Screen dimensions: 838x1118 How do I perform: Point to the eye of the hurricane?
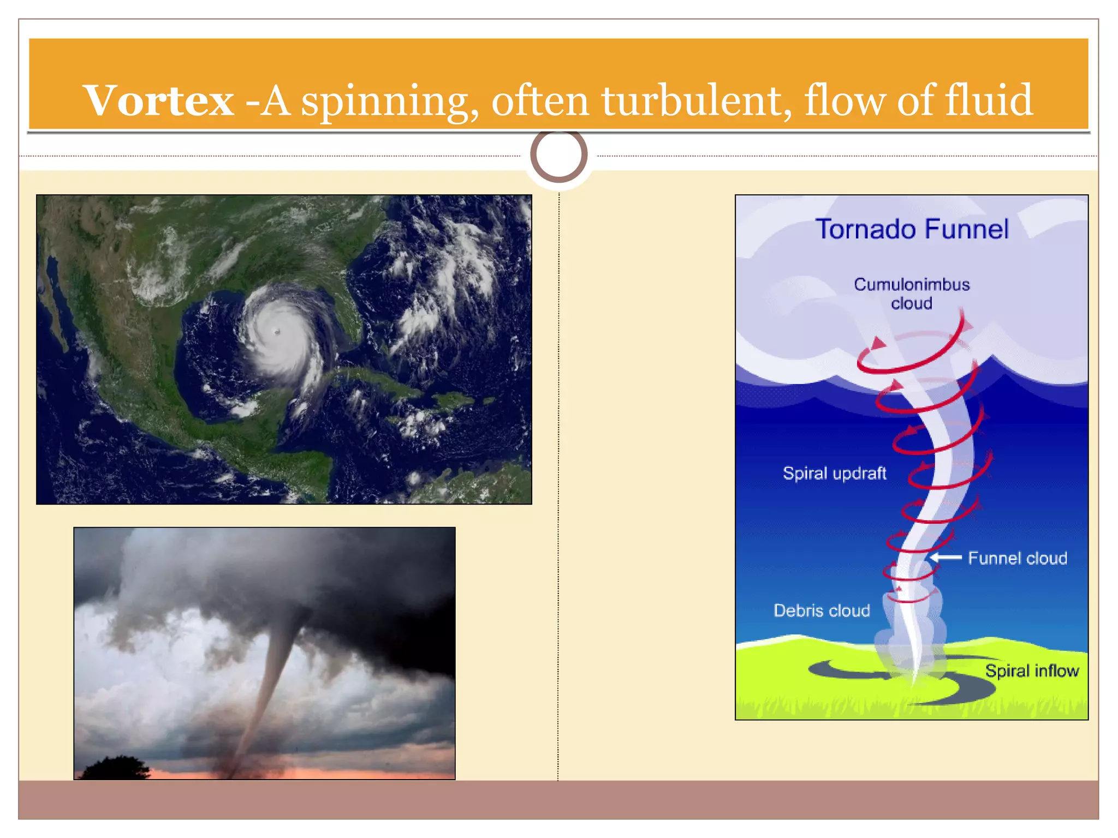pyautogui.click(x=277, y=331)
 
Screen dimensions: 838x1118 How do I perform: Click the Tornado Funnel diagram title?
pyautogui.click(x=912, y=229)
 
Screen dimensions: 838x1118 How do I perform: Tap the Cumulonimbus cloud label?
pyautogui.click(x=912, y=294)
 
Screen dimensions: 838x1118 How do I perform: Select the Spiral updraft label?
pyautogui.click(x=834, y=473)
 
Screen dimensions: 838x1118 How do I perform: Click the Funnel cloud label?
pyautogui.click(x=1018, y=558)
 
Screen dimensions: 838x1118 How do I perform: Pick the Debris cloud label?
pyautogui.click(x=822, y=610)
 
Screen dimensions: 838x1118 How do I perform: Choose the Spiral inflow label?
pyautogui.click(x=1032, y=671)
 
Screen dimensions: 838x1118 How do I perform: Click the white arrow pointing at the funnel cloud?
pyautogui.click(x=945, y=557)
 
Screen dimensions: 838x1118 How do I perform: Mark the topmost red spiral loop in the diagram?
pyautogui.click(x=912, y=355)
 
